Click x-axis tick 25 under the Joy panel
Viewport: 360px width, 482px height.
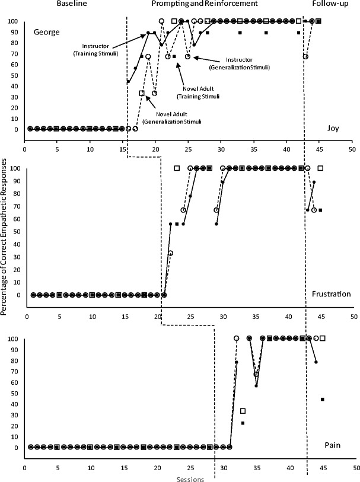[188, 142]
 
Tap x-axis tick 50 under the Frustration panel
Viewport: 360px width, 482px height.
[354, 308]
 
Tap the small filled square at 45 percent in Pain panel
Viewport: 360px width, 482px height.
[322, 399]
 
